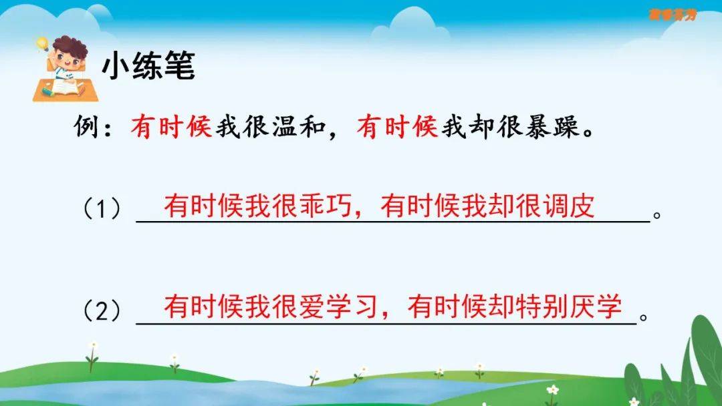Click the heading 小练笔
pos(148,65)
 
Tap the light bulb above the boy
pos(42,43)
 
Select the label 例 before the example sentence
pos(86,126)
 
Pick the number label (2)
pos(102,311)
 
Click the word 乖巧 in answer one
pos(326,206)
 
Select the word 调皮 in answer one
pos(569,206)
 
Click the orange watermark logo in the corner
pos(673,15)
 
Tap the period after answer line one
pos(657,215)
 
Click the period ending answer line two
pos(644,317)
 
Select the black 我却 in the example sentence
pos(468,126)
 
